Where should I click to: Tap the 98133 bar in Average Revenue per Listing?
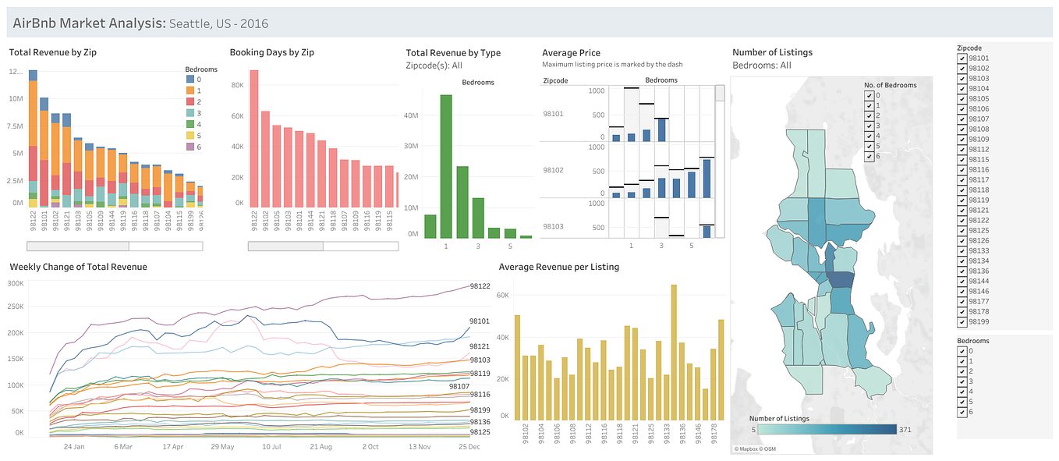(674, 351)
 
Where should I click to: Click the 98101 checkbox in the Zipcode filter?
(962, 58)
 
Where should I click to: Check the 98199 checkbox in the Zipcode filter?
(962, 321)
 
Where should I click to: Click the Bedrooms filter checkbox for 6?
(962, 412)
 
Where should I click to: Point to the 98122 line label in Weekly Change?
(480, 286)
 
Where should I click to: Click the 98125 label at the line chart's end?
(480, 431)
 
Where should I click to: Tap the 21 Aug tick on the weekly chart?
(321, 447)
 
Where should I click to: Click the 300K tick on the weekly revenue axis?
(15, 283)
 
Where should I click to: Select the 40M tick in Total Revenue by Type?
(410, 115)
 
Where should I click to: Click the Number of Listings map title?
(772, 52)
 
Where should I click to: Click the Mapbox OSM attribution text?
(754, 449)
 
